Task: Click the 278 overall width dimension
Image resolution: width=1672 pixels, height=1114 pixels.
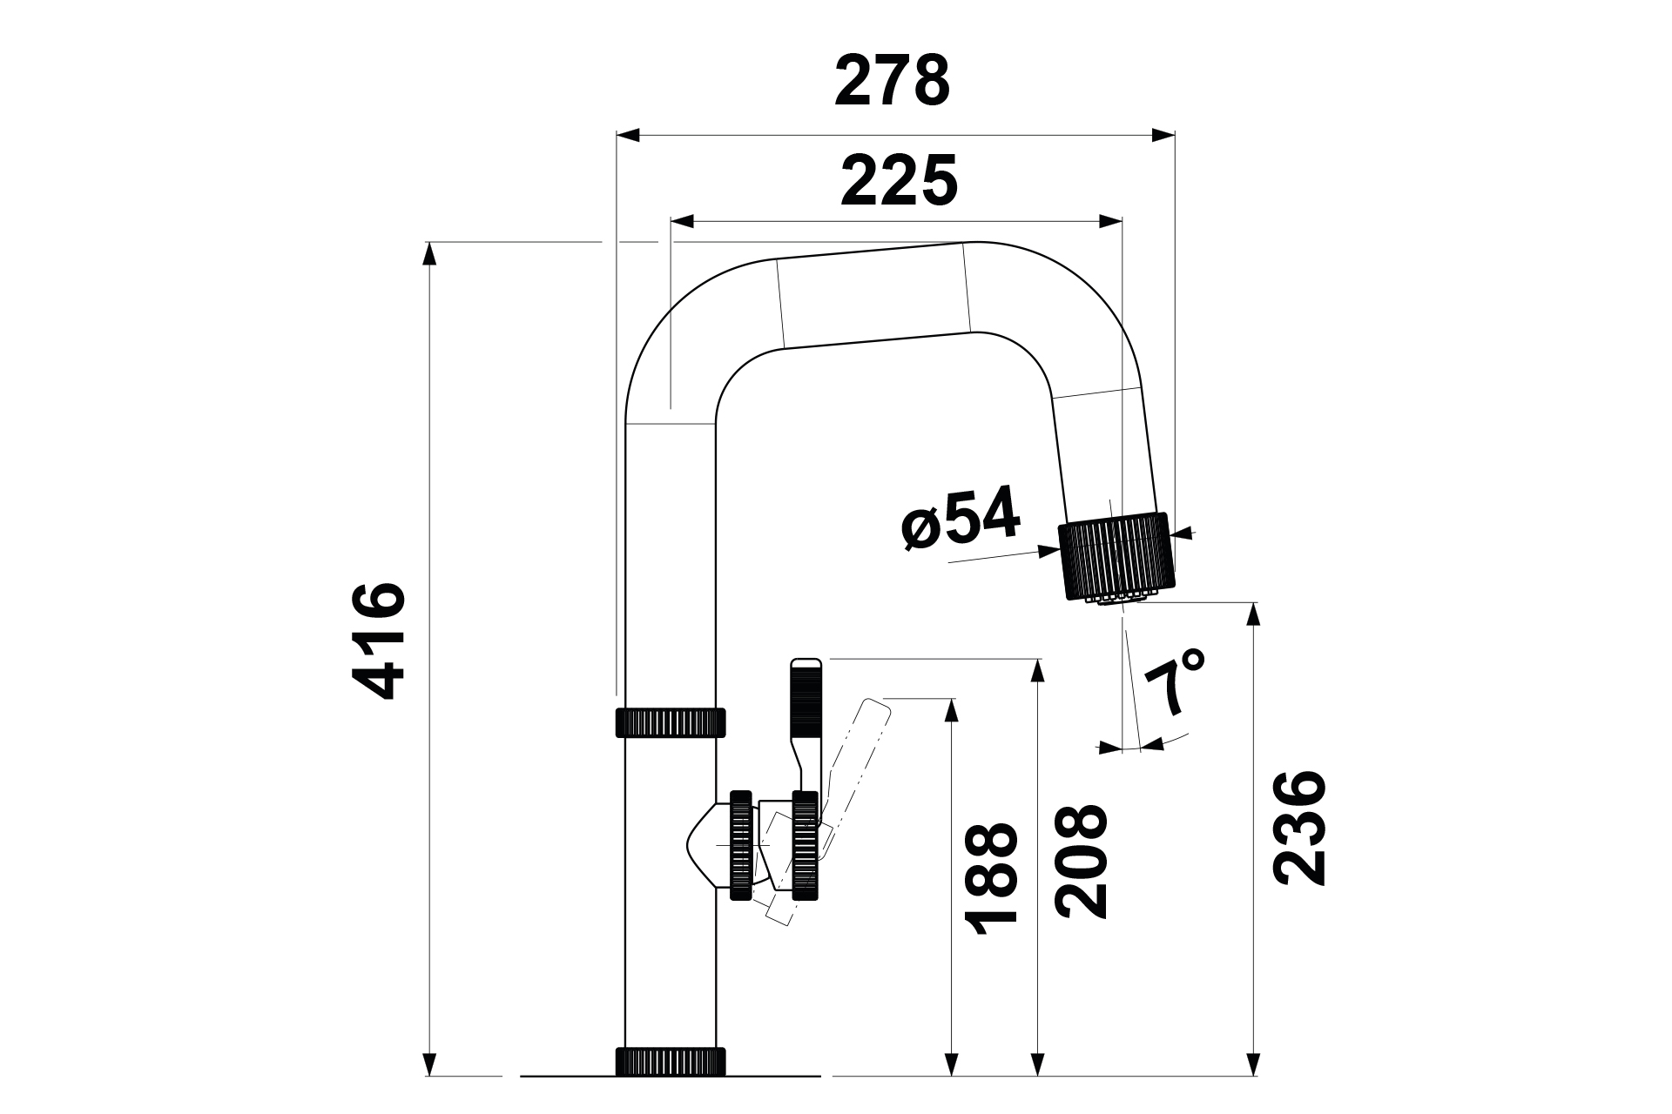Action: [892, 80]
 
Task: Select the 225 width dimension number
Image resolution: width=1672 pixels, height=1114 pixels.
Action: [899, 181]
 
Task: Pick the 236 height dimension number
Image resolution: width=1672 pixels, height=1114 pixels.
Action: [1299, 828]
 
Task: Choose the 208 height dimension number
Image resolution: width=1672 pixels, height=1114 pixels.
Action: [1080, 861]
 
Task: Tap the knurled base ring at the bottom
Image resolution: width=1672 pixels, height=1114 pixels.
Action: [671, 1062]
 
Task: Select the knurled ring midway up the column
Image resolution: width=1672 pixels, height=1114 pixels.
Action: [671, 722]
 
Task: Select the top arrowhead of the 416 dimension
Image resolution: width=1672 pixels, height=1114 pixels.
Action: [428, 253]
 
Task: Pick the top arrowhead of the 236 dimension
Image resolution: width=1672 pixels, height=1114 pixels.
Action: [1254, 614]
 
